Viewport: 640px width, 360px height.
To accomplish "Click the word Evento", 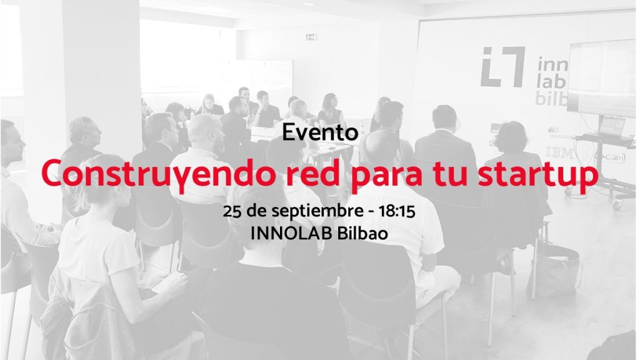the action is click(x=320, y=132).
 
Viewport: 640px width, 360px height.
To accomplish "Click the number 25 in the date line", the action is click(x=232, y=211).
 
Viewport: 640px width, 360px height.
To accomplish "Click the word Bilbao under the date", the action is click(x=362, y=234).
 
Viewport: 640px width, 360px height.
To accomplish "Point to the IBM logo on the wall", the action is click(x=559, y=152).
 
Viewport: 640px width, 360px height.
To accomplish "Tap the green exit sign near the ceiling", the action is click(x=311, y=37).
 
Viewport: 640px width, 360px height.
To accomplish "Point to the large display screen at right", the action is click(x=602, y=77).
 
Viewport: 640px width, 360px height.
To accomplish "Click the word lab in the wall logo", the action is click(x=552, y=82).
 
